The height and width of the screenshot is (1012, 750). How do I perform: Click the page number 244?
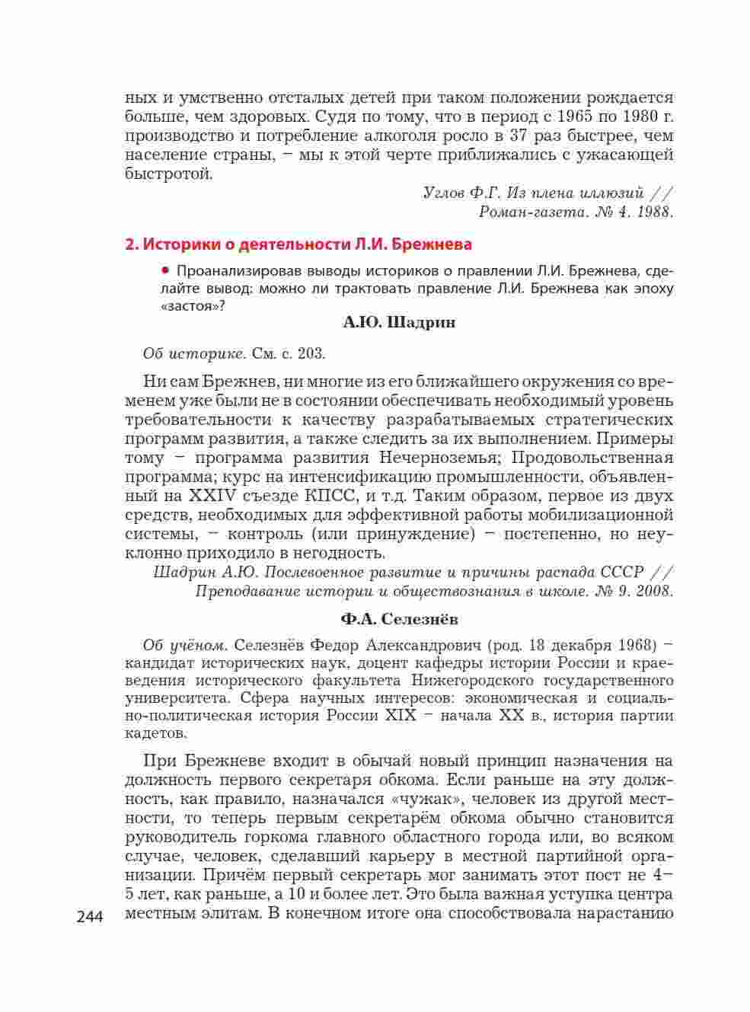coord(93,917)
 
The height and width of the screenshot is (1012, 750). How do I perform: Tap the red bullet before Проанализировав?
coord(164,270)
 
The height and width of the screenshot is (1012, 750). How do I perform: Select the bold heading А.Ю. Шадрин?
coord(399,322)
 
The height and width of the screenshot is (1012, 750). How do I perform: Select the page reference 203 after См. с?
coord(312,353)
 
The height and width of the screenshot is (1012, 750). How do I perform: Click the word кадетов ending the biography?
coord(155,734)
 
